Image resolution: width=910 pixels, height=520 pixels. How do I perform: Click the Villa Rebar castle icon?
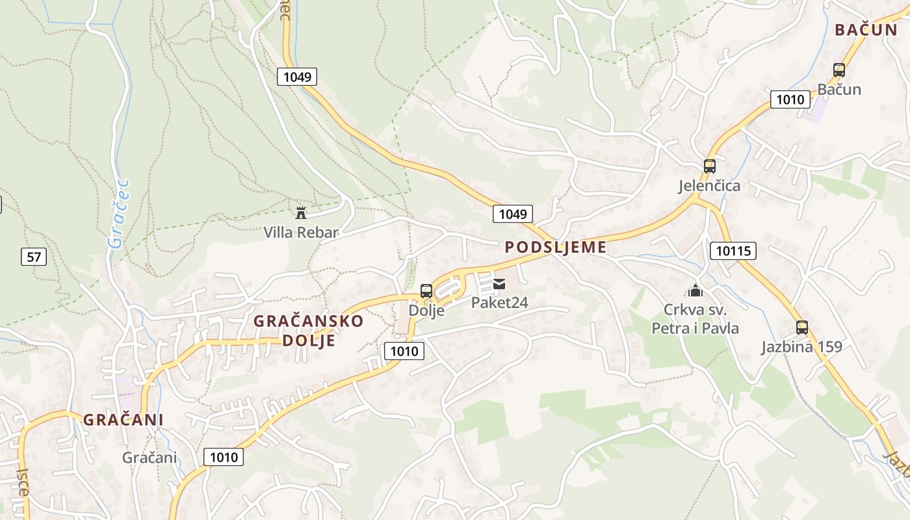301,213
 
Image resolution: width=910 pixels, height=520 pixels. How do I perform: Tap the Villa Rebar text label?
301,232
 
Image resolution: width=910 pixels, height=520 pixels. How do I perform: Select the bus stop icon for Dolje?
426,291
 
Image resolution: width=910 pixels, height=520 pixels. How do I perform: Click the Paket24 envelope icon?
499,283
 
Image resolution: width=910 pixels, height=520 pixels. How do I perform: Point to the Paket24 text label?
499,302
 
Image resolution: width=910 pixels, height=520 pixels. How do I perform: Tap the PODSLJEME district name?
556,247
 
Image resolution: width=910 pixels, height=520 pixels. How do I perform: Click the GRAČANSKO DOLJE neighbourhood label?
309,330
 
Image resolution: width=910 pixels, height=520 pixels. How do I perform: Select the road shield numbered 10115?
734,251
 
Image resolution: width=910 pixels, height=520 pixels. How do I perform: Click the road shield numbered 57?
34,257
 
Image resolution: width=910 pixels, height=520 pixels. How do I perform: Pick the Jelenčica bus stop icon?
709,166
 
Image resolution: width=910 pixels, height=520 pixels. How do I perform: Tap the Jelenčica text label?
709,186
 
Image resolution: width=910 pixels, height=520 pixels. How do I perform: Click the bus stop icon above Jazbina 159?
802,327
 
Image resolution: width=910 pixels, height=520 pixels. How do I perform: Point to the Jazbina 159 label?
802,346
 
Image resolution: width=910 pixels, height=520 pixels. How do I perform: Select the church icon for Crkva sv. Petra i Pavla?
695,290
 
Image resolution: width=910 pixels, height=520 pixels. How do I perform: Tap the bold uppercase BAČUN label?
866,30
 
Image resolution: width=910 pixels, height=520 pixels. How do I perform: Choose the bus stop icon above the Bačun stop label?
839,70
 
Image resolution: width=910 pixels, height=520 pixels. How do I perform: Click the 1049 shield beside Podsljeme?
513,213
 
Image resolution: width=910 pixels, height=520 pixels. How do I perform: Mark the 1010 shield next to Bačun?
790,99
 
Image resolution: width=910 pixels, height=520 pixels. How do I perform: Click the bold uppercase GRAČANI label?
123,420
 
